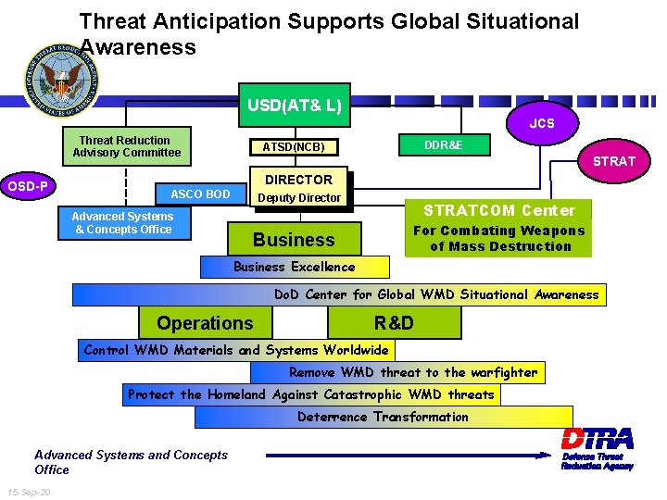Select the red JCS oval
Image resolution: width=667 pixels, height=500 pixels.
[x=542, y=123]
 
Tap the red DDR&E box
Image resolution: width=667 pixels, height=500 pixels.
[x=444, y=145]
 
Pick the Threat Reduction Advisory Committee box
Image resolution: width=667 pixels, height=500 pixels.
[x=127, y=146]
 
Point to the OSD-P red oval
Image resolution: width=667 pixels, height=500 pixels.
[x=29, y=186]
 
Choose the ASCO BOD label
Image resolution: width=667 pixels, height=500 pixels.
[x=200, y=194]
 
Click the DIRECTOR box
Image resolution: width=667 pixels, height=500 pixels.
[x=298, y=180]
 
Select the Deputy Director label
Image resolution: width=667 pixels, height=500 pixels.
[x=299, y=198]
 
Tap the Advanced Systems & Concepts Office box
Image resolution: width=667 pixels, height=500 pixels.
[x=123, y=223]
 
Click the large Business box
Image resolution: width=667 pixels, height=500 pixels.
[x=294, y=240]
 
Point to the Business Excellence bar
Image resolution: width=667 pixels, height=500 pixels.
[x=295, y=267]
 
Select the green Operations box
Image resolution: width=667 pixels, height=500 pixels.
[x=206, y=322]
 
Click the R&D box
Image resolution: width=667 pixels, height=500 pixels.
[x=394, y=322]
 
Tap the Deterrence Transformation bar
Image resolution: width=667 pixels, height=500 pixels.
[x=384, y=417]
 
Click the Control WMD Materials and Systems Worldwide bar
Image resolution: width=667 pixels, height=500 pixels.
[x=236, y=350]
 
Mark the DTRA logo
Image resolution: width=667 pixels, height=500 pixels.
[x=598, y=447]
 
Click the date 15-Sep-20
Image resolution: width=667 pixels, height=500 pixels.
[x=28, y=491]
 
